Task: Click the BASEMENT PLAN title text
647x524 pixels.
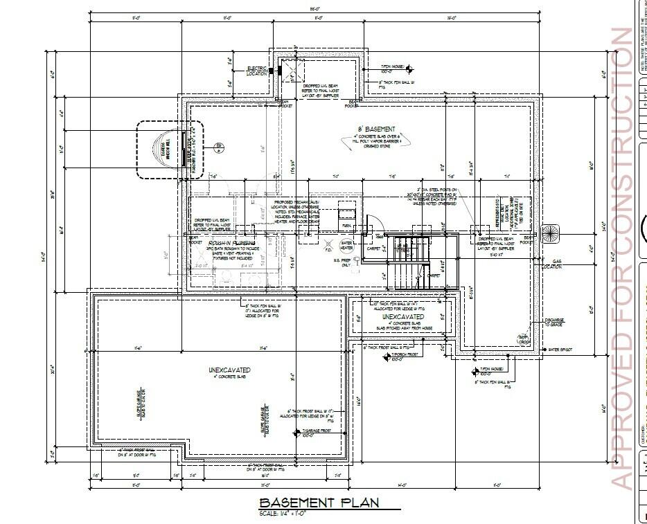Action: [x=319, y=503]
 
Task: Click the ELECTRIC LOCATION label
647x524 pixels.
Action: [x=257, y=71]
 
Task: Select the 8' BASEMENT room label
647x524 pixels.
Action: [x=376, y=129]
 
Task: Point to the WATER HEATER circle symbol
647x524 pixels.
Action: [x=346, y=245]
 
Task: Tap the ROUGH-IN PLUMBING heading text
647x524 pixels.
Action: [x=231, y=244]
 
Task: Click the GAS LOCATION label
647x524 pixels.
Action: [x=551, y=264]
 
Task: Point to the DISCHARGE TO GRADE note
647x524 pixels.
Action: [x=554, y=322]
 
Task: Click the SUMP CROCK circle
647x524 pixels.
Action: [x=524, y=338]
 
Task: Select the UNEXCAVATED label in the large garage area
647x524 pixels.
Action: [x=229, y=370]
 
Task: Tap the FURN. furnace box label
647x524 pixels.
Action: [x=346, y=226]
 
